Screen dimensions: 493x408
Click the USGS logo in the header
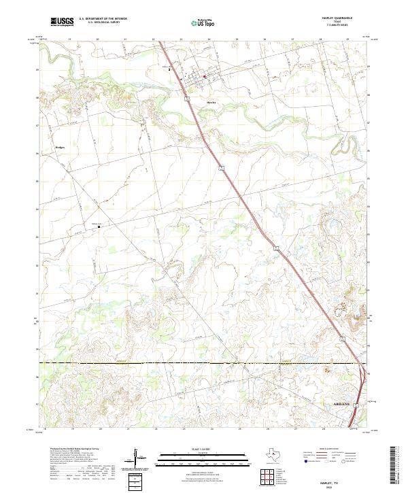(62, 22)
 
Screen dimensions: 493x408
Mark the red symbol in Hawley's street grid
(204, 77)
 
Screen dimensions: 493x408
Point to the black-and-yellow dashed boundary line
(204, 364)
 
